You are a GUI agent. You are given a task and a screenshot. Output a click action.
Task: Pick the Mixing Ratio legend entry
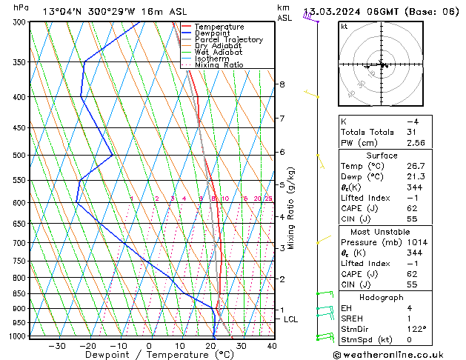pos(219,65)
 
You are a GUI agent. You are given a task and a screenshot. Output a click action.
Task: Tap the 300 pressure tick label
pos(20,22)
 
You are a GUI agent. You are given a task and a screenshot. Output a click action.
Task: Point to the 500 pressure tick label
pos(20,156)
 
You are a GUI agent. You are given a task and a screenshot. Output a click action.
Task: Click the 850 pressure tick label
pos(20,294)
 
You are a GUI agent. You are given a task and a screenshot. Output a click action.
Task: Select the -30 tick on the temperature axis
pos(57,346)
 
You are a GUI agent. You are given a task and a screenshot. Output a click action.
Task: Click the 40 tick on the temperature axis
pos(272,346)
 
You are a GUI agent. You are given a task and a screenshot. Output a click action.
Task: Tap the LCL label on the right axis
pos(291,319)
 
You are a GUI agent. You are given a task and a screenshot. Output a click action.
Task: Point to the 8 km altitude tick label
pos(282,84)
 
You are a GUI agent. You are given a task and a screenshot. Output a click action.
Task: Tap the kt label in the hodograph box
pos(344,27)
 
